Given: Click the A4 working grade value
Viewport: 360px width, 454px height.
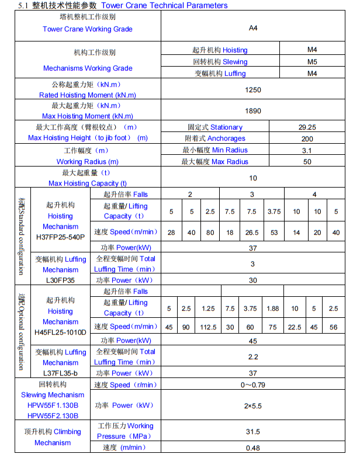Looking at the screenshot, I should pos(252,27).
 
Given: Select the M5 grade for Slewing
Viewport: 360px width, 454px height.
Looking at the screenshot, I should pos(312,61).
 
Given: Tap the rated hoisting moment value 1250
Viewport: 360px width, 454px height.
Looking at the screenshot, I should pos(254,90).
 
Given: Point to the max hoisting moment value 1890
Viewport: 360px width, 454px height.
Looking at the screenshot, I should pos(254,111).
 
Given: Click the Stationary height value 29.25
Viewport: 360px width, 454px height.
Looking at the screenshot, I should pos(307,127).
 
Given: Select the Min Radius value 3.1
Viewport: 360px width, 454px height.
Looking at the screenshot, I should pos(307,150).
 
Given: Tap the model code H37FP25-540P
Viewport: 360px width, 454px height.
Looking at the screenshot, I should pos(60,237).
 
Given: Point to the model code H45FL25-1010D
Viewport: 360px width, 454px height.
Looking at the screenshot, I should pos(60,332).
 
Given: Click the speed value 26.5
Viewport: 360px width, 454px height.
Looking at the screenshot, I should pos(251,233).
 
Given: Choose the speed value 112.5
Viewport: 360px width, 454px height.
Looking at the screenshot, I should pos(207,327).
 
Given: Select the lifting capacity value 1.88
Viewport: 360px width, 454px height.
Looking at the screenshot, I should pos(272,309).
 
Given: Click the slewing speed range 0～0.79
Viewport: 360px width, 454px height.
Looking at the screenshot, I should pos(253,384).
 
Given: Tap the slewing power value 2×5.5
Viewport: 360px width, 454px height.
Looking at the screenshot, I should pos(253,406).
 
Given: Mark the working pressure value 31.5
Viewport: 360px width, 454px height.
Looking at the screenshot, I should pos(253,432).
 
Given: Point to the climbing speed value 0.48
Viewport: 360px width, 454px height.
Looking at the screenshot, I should pos(253,448).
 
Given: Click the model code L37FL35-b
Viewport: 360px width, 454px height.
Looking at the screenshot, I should pos(60,373).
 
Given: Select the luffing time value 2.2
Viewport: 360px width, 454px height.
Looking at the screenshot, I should pos(253,357).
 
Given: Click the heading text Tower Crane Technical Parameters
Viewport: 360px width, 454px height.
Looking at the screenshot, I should pos(165,5).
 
